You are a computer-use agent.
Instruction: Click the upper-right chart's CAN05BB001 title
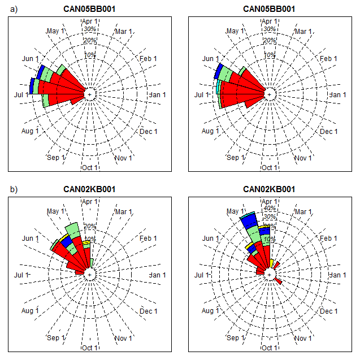pyautogui.click(x=268, y=8)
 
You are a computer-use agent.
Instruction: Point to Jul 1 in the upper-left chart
pyautogui.click(x=21, y=94)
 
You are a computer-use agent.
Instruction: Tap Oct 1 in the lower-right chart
pyautogui.click(x=270, y=348)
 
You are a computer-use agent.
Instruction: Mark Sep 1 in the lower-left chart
pyautogui.click(x=56, y=338)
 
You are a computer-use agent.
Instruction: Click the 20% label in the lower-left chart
pyautogui.click(x=90, y=226)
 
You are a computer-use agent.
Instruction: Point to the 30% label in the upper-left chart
pyautogui.click(x=90, y=29)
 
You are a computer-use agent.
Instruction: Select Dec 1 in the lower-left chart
pyautogui.click(x=148, y=311)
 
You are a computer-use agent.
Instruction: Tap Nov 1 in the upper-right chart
pyautogui.click(x=303, y=158)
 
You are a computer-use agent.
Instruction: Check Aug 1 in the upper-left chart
pyautogui.click(x=30, y=131)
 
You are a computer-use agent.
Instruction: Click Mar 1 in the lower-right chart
pyautogui.click(x=303, y=211)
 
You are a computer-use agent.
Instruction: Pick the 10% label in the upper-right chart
pyautogui.click(x=270, y=55)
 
